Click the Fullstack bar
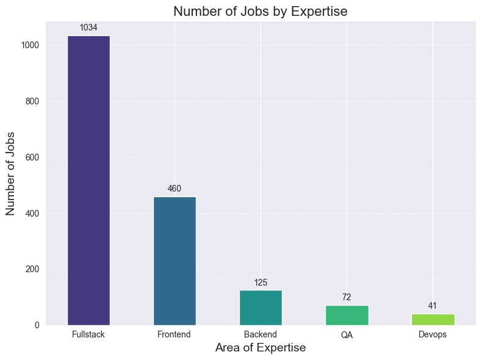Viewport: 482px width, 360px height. click(88, 180)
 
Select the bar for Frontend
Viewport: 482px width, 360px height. click(174, 261)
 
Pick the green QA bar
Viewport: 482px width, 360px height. click(347, 315)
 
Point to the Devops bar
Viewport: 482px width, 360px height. click(433, 319)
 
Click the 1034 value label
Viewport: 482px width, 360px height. click(88, 28)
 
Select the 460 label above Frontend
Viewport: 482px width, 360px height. click(174, 189)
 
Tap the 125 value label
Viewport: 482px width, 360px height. click(261, 283)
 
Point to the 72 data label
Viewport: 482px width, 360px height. click(347, 297)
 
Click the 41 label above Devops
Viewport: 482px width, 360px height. click(433, 306)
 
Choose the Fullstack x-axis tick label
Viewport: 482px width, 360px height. click(88, 334)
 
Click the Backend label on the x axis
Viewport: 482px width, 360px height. click(261, 334)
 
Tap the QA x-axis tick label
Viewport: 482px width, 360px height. click(347, 334)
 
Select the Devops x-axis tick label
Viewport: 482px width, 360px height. click(433, 334)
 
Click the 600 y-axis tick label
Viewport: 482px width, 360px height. click(34, 157)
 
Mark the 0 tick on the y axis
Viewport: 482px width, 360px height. click(38, 325)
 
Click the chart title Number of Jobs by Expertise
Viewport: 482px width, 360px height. click(261, 11)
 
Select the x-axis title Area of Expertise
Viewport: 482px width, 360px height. click(261, 348)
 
